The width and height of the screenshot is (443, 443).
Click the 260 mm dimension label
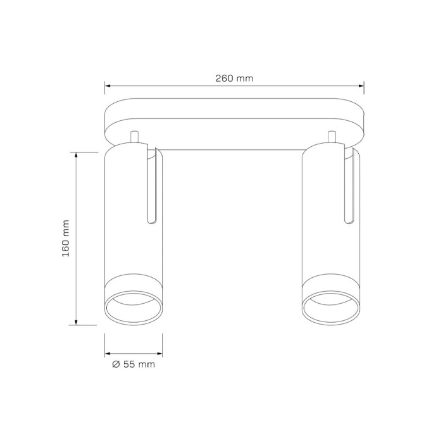click(x=234, y=78)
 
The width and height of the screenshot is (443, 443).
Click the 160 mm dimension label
click(x=66, y=238)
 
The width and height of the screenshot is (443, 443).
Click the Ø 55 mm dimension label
click(x=134, y=364)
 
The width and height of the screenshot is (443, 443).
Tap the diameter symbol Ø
click(x=116, y=364)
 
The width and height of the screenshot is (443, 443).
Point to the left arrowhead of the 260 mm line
click(x=108, y=85)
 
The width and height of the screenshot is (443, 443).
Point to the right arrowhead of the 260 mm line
click(x=361, y=85)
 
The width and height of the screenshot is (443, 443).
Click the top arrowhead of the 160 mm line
click(x=76, y=155)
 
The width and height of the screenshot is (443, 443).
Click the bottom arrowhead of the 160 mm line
click(x=76, y=322)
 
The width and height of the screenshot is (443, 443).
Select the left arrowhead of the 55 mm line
click(x=108, y=353)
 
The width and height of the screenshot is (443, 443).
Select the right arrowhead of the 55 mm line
click(x=159, y=353)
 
